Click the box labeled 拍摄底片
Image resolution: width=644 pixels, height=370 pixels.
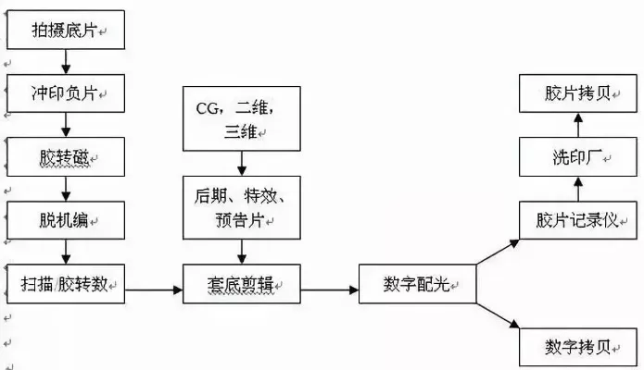66,31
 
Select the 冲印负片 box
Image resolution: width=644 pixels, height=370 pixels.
66,93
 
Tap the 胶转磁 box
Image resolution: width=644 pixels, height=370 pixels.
66,157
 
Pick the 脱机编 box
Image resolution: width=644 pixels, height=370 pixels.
66,220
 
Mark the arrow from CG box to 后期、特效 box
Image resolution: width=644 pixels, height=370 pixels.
242,163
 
